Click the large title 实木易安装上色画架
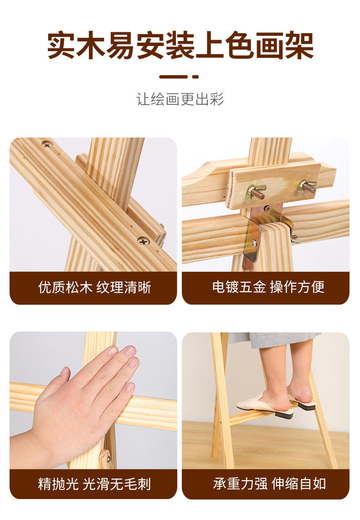point(180,46)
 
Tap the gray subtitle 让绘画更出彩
point(180,99)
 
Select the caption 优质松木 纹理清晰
point(95,287)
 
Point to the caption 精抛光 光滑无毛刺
point(95,484)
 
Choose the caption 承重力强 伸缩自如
point(269,484)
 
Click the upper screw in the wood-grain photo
point(47,144)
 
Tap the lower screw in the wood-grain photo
point(144,241)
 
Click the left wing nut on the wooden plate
point(256,192)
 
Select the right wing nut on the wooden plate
point(307,187)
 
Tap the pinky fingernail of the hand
point(130,387)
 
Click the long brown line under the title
point(174,77)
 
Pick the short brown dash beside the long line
point(195,77)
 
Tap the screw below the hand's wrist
point(108,459)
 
